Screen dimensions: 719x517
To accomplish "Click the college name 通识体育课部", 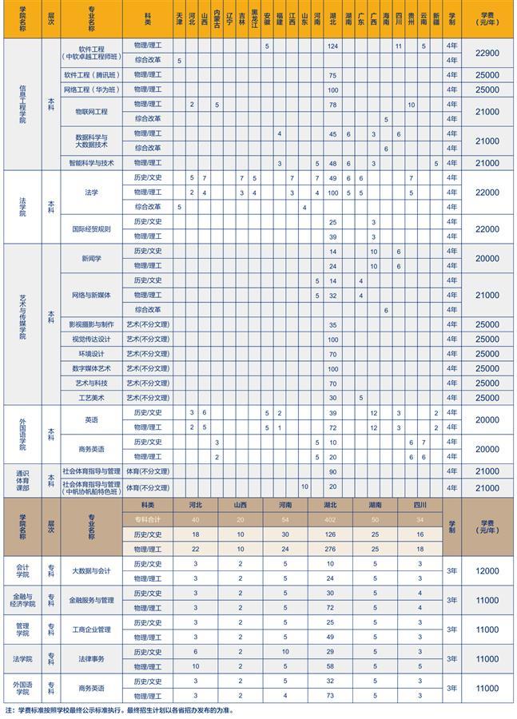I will tap(22, 480).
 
